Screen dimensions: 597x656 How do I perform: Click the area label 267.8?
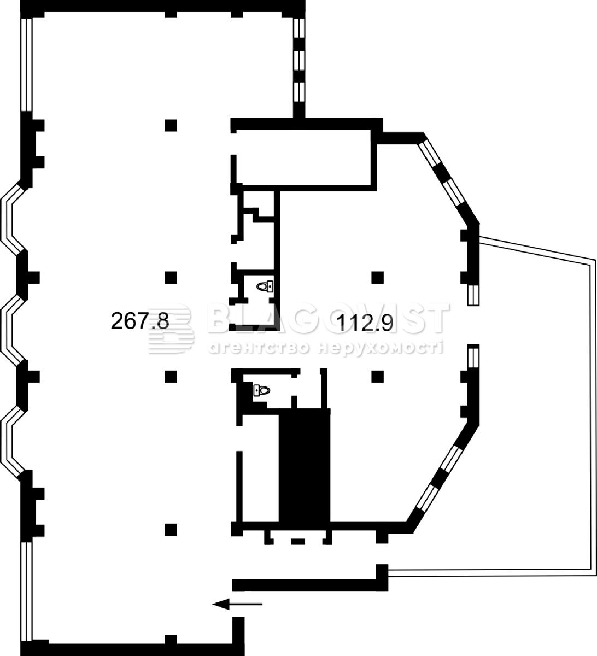click(140, 320)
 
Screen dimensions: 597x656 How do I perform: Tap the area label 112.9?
click(365, 323)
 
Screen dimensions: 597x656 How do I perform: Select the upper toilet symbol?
click(265, 286)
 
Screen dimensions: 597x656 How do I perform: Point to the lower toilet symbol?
click(262, 390)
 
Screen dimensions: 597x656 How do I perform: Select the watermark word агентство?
click(259, 348)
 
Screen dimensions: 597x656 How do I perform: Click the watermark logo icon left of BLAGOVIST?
click(171, 329)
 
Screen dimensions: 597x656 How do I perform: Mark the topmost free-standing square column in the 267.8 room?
click(171, 125)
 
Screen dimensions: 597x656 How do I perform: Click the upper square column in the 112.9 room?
click(378, 277)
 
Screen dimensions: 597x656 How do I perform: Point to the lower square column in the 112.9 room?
click(378, 377)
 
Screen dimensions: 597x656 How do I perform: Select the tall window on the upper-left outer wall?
click(27, 65)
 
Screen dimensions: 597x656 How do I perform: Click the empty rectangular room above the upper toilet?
click(303, 157)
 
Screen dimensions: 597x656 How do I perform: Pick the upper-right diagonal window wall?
click(449, 181)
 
